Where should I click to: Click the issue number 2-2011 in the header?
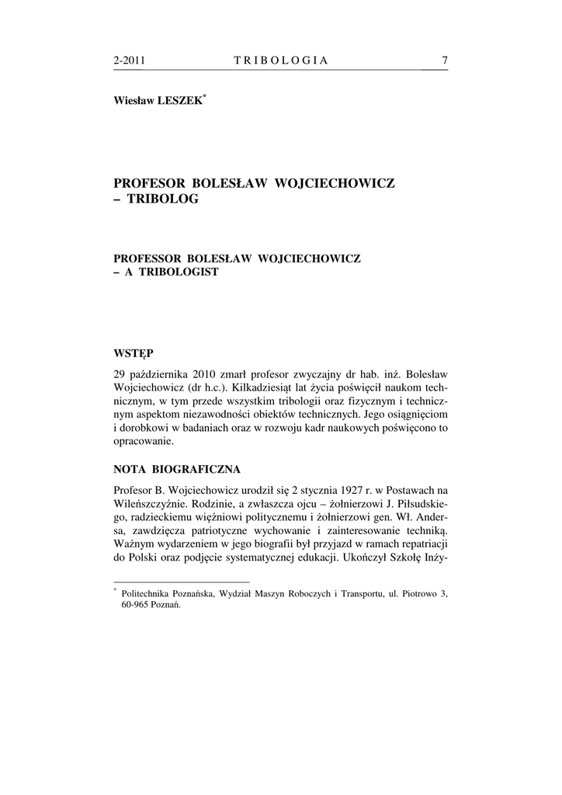pos(130,61)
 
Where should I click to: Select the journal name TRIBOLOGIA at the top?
pos(281,61)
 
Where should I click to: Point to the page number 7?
pos(445,61)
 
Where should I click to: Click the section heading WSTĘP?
pos(134,353)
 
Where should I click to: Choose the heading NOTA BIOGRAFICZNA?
pos(177,470)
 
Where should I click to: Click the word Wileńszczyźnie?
pos(145,504)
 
